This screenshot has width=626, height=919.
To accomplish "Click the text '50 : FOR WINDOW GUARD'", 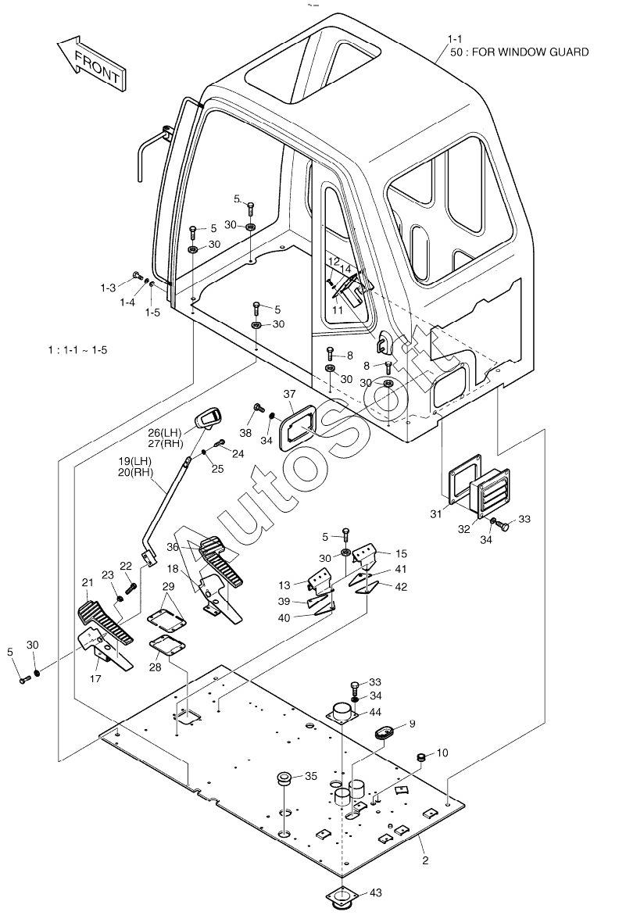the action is point(519,52).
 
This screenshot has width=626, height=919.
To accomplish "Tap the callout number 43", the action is point(376,892).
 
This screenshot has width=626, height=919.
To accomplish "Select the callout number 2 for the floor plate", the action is point(425,861).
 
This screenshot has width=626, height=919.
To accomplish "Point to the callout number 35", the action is point(311,776).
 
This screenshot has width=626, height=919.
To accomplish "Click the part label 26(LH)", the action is point(164,433).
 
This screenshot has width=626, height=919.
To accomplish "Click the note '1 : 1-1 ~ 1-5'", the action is point(78,350).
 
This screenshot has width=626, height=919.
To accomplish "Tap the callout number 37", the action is point(289,395).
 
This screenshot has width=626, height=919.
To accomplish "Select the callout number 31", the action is point(436,514).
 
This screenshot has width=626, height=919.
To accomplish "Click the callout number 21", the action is point(88,583).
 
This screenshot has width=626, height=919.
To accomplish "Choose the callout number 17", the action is point(95,678).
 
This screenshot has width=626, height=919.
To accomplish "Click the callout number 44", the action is point(375,712).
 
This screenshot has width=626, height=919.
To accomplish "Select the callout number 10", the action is point(442,753).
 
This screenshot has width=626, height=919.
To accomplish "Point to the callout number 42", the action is point(401,587).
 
